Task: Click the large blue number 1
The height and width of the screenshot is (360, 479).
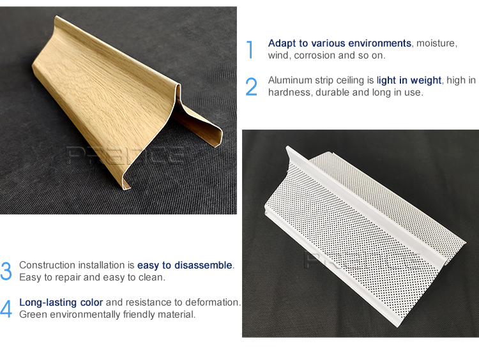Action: pos(250,49)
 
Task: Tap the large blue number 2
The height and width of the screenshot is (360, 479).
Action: pos(251,87)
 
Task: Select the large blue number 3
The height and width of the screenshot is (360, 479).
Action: pos(6,271)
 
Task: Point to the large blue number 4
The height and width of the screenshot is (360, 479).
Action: pos(6,308)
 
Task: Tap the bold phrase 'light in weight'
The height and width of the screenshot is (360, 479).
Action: pos(409,80)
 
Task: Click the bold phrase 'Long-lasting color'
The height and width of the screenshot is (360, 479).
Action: pos(61,302)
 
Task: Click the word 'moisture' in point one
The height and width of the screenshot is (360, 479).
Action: pos(436,43)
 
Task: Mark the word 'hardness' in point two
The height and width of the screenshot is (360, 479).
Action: pos(290,93)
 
